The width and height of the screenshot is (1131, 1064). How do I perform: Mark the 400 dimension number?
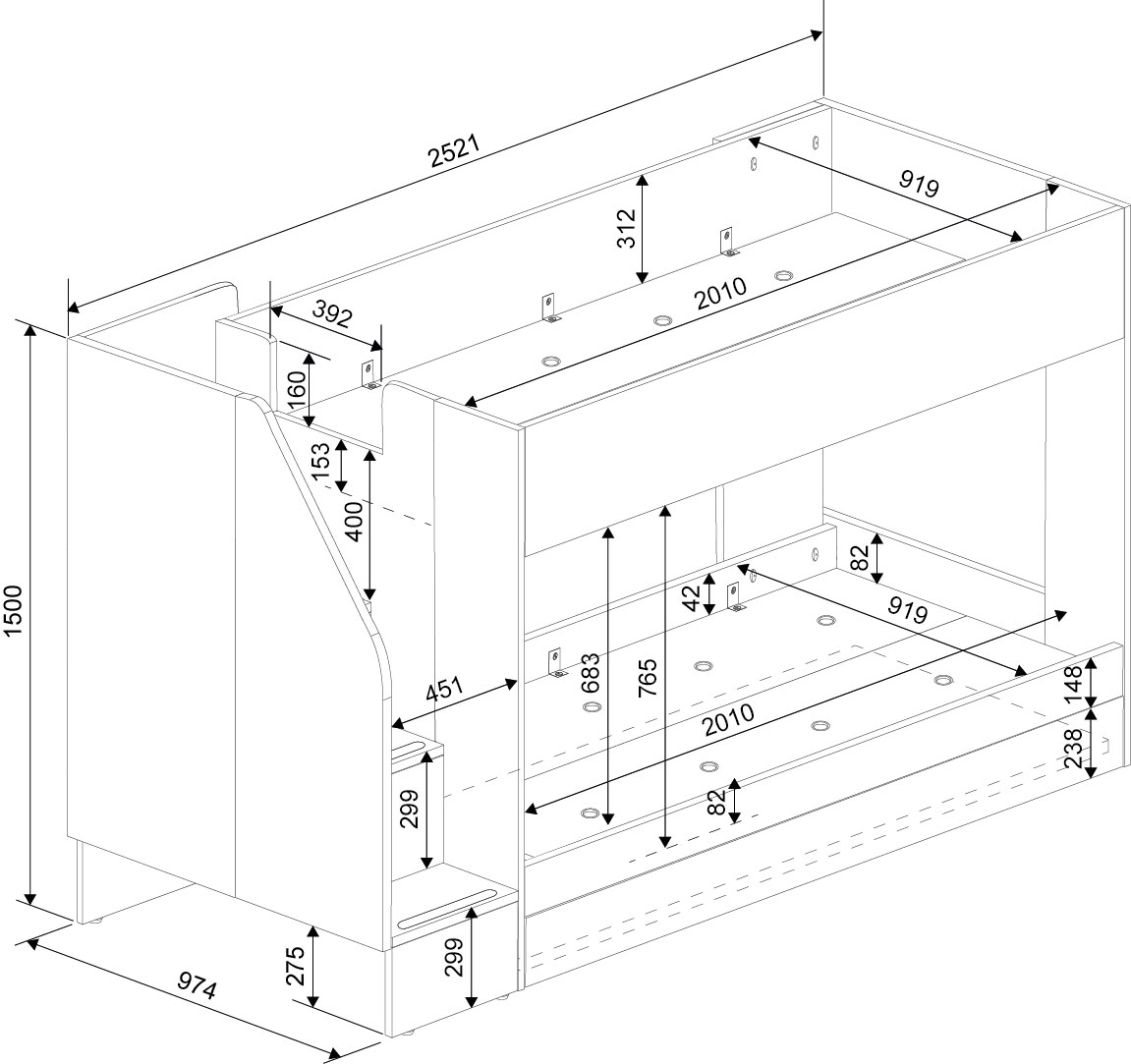[354, 521]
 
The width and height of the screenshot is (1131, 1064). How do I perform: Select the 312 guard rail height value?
[626, 228]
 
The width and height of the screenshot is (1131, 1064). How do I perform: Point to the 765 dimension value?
[648, 677]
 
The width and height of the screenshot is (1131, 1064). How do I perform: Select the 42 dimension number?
[691, 597]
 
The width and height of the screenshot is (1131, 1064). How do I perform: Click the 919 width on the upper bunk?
[919, 183]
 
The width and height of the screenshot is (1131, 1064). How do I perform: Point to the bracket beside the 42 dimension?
[732, 596]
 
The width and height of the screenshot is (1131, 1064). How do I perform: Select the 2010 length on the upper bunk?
[721, 295]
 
